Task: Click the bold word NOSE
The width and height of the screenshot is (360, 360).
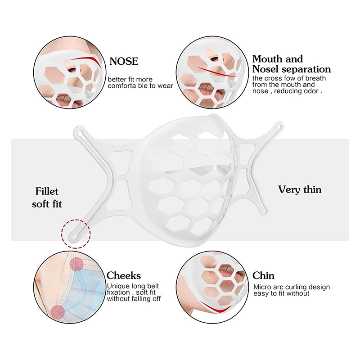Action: [124, 61]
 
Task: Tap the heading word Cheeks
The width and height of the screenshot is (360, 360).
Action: [124, 275]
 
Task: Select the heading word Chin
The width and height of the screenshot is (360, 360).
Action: [263, 275]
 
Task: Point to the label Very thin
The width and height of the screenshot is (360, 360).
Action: [300, 189]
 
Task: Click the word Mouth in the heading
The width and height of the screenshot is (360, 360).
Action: [267, 59]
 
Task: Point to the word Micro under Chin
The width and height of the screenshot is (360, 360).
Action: [261, 287]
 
